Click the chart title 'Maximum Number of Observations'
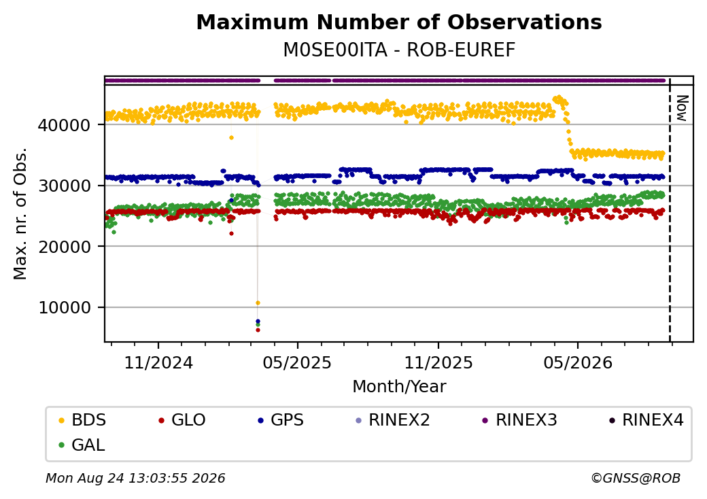pos(399,22)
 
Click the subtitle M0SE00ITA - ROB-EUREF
pos(399,50)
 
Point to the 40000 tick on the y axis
pos(65,125)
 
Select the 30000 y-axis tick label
pos(65,186)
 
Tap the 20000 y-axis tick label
pos(65,247)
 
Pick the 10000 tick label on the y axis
pos(65,307)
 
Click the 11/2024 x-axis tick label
pos(158,362)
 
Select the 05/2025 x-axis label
pos(297,362)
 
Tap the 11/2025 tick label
pos(438,362)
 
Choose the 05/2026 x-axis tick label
pos(578,362)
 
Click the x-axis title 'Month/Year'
pos(399,386)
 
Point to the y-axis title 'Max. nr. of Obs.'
pos(20,213)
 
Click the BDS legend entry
pos(82,420)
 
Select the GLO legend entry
pos(182,420)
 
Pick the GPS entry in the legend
pos(281,420)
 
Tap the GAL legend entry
pos(82,445)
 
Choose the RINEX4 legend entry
pos(646,420)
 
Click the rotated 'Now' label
pos(682,108)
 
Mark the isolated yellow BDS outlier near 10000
pos(258,303)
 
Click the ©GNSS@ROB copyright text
pos(636,478)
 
